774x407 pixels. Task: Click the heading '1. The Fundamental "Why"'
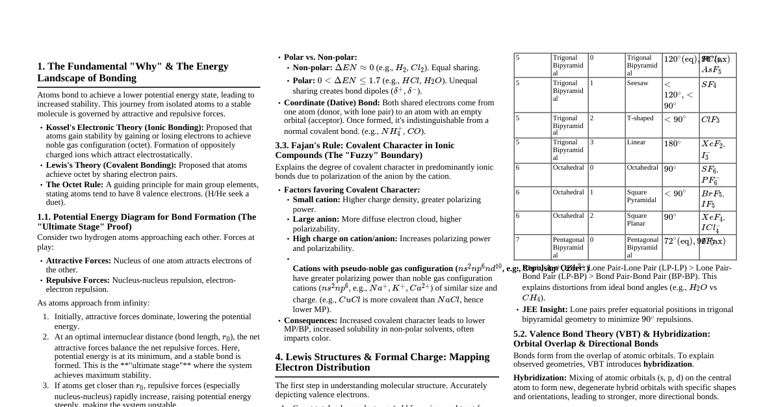[x=133, y=72]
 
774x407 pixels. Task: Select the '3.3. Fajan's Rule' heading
[x=365, y=150]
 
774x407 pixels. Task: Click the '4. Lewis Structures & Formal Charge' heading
[x=382, y=362]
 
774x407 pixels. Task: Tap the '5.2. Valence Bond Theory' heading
[x=612, y=339]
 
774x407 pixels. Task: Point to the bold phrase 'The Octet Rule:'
[x=75, y=185]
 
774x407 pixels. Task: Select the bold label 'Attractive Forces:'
[x=78, y=261]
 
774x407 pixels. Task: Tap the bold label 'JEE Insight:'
[x=545, y=309]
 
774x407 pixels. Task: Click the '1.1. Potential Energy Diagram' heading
[x=146, y=222]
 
